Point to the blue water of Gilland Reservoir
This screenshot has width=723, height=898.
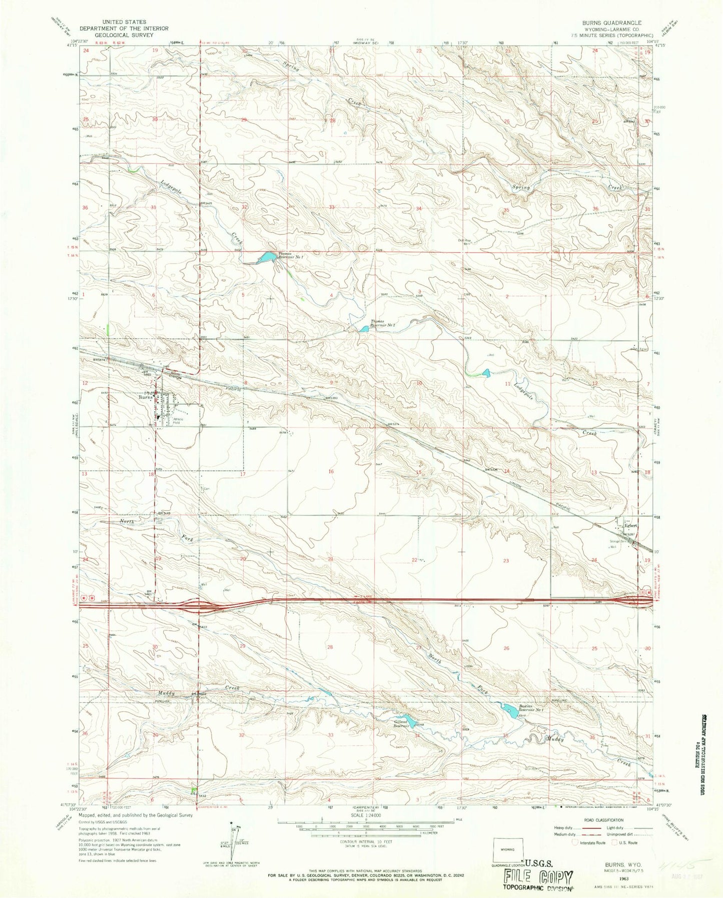point(408,721)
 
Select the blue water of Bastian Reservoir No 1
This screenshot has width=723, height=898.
point(509,708)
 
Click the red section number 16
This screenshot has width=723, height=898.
point(331,472)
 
